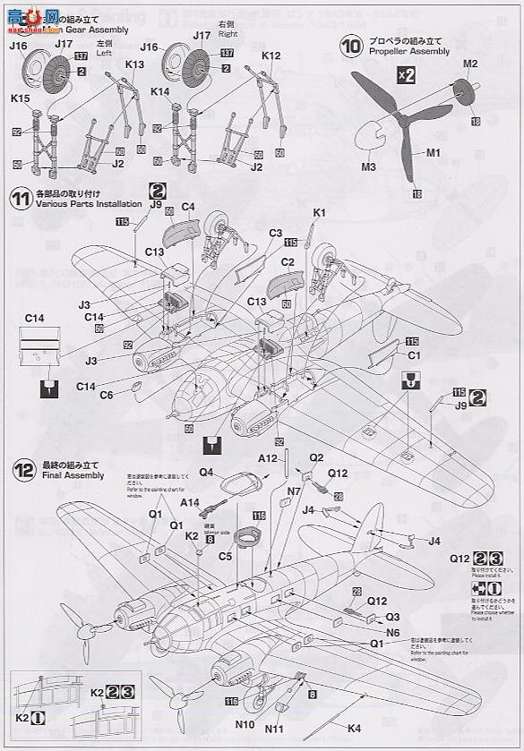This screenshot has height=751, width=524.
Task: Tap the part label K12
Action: [x=271, y=55]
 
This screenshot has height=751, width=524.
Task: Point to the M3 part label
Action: [x=368, y=166]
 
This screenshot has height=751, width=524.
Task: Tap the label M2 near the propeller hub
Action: [x=470, y=64]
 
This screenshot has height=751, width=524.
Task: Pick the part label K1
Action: [x=320, y=212]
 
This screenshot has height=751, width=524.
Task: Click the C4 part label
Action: [x=188, y=207]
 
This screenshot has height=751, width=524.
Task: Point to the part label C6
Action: [x=106, y=395]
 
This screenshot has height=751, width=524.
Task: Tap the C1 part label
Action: [x=414, y=354]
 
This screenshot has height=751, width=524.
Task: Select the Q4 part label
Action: [x=205, y=472]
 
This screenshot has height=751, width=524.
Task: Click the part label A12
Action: [x=268, y=457]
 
